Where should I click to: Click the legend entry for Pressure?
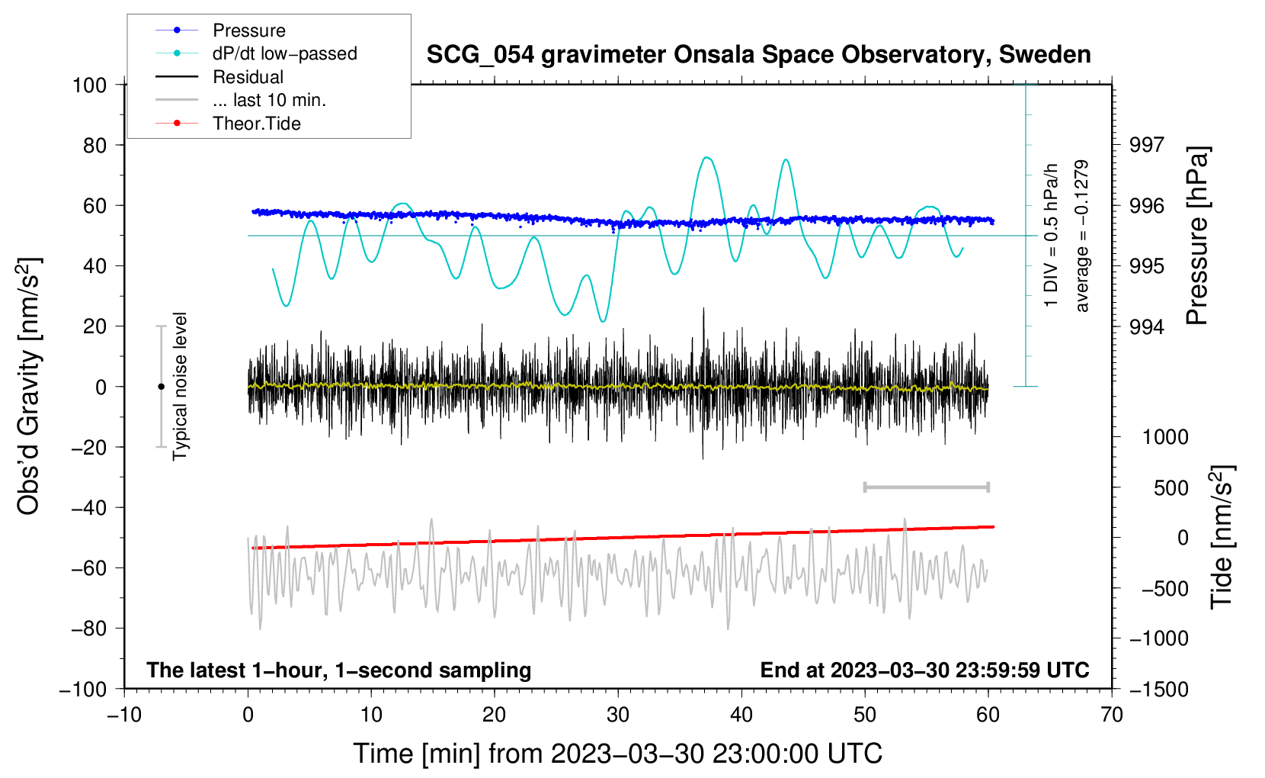point(248,31)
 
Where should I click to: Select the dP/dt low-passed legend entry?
point(284,53)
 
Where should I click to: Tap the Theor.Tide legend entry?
point(256,124)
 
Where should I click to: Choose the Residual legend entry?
point(248,77)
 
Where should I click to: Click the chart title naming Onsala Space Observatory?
point(758,55)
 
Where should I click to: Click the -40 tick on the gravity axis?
point(88,508)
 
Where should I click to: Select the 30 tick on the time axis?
point(618,715)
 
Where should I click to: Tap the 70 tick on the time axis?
point(1112,715)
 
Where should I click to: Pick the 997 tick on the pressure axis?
point(1147,145)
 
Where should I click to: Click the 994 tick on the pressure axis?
point(1147,327)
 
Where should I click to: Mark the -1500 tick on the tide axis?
point(1159,690)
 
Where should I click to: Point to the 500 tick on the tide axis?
point(1171,488)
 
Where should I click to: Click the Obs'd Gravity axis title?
point(28,386)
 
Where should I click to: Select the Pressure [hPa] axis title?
point(1197,236)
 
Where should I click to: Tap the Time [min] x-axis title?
point(617,754)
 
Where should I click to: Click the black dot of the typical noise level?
point(161,387)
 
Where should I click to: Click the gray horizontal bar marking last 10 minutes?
point(926,487)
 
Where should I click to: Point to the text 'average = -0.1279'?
point(1081,236)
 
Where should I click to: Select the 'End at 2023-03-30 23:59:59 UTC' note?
point(924,670)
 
